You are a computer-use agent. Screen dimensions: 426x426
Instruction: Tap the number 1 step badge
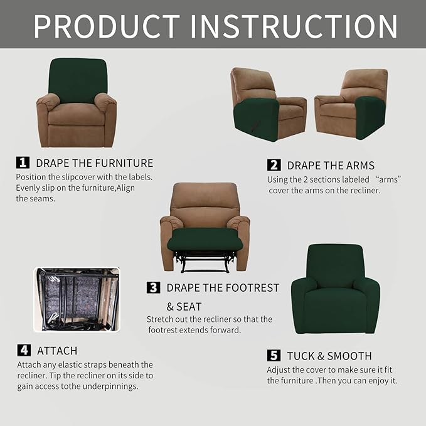[23, 162]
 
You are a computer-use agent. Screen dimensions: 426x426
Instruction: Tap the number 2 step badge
[274, 165]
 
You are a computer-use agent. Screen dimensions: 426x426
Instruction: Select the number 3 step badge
[153, 287]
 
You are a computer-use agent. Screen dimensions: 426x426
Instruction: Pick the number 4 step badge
[23, 350]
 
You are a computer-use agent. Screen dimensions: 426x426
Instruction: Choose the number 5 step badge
[274, 356]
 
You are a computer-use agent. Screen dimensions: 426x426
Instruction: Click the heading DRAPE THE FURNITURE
[94, 163]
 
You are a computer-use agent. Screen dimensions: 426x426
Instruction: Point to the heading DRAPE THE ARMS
[331, 166]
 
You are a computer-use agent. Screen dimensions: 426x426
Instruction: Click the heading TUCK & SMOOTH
[329, 356]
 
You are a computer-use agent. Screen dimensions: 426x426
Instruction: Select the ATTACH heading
[57, 351]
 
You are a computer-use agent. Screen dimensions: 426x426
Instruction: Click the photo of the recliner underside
[76, 299]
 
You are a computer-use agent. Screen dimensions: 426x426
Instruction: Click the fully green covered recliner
[335, 289]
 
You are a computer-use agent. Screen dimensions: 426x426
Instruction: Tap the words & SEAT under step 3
[184, 307]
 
